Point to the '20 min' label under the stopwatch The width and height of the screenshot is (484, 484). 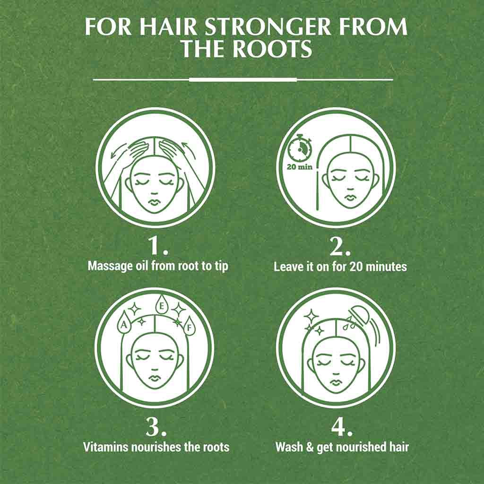pos(299,167)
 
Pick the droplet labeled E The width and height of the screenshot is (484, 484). pos(161,306)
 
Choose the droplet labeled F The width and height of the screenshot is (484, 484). pos(189,328)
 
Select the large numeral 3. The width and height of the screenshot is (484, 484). pos(156,427)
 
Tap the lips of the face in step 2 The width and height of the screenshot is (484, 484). pos(350,197)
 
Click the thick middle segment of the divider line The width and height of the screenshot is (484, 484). pos(242,79)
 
